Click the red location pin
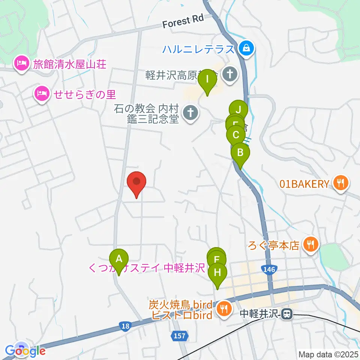click(x=136, y=183)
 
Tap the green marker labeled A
click(x=119, y=259)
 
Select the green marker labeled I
click(x=207, y=80)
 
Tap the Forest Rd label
click(x=183, y=22)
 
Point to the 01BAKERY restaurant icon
click(x=341, y=183)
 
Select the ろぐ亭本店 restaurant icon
click(x=310, y=245)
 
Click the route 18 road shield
click(x=125, y=326)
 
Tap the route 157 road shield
click(x=180, y=336)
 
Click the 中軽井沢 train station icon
click(x=288, y=314)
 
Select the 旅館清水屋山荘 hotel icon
click(x=21, y=63)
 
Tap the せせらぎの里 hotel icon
click(x=42, y=93)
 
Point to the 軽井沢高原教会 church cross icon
click(x=229, y=73)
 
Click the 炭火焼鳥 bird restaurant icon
click(x=224, y=308)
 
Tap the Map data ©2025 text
click(x=329, y=354)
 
